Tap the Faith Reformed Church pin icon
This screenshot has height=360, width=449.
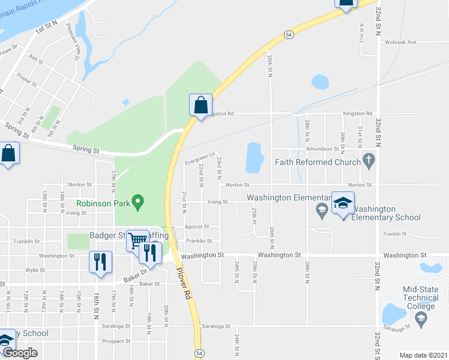pyautogui.click(x=369, y=160)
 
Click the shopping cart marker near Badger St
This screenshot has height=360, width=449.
pyautogui.click(x=138, y=241)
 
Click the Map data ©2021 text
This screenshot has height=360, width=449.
pyautogui.click(x=423, y=355)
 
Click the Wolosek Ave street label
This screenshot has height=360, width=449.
pyautogui.click(x=400, y=42)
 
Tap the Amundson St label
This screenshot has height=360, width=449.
pyautogui.click(x=324, y=148)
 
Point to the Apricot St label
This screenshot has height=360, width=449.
pyautogui.click(x=197, y=227)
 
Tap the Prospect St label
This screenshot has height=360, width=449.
pyautogui.click(x=116, y=341)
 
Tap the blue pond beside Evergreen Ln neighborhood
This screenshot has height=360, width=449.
pyautogui.click(x=255, y=158)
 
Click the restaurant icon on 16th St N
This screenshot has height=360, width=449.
pyautogui.click(x=100, y=262)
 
